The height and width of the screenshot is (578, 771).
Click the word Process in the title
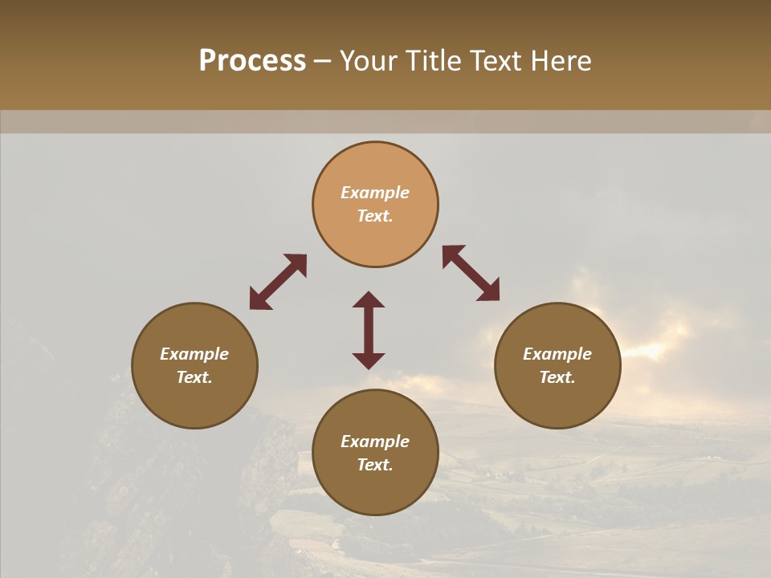[252, 61]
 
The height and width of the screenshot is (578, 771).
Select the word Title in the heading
[434, 61]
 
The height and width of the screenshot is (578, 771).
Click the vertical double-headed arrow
[369, 330]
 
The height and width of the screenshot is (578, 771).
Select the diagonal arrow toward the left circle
[278, 282]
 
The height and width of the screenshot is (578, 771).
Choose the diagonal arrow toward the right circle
[471, 273]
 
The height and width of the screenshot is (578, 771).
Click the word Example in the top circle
[375, 193]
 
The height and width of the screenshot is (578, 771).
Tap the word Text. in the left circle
[194, 377]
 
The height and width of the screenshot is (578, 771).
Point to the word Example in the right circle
[557, 354]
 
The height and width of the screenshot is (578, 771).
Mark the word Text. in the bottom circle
[375, 465]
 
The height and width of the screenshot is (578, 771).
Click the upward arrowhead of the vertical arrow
[369, 299]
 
